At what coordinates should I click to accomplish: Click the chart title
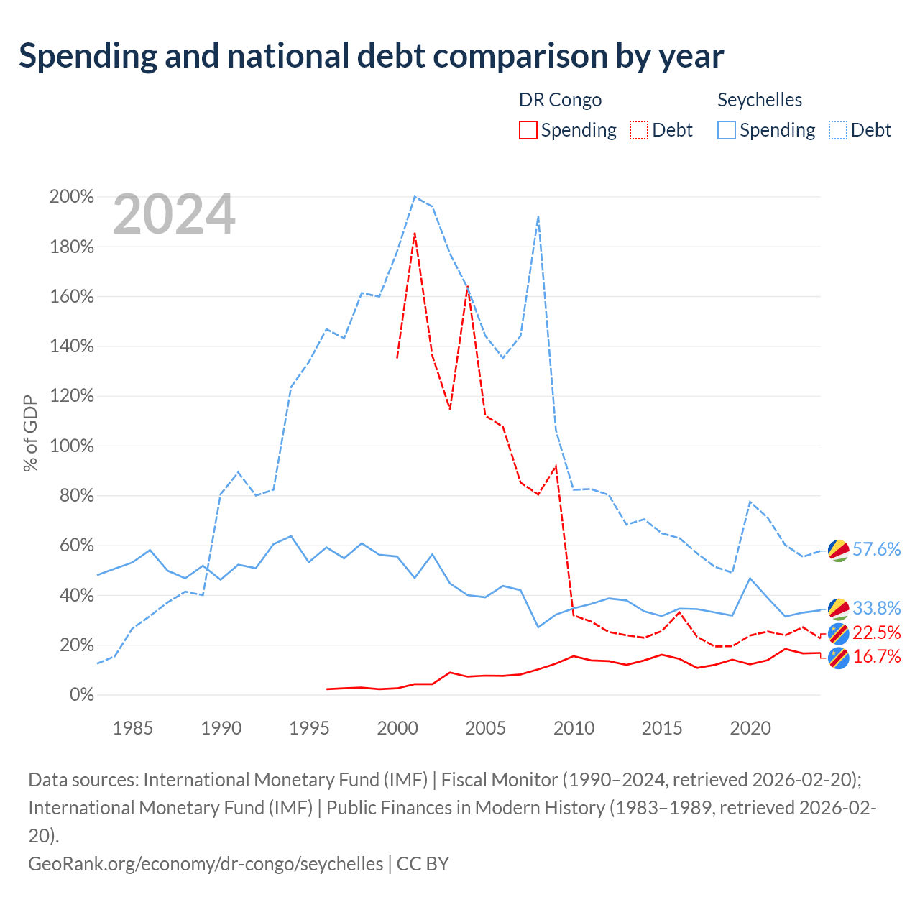click(371, 56)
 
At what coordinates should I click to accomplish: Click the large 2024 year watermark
click(174, 214)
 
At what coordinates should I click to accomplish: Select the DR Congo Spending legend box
click(528, 130)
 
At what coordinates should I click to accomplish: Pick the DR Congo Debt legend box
click(639, 130)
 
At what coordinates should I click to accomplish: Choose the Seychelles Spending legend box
click(726, 130)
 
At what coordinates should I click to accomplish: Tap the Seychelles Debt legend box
click(837, 130)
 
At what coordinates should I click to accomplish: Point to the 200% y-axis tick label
click(72, 196)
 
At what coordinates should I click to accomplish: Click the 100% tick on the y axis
click(72, 446)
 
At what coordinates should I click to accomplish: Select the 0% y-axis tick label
click(82, 694)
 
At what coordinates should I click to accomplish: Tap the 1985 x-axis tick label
click(133, 728)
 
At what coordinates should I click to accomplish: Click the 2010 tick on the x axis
click(574, 728)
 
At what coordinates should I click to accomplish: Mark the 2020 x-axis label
click(750, 728)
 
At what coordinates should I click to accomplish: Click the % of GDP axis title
click(30, 433)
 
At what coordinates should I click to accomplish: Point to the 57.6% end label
click(877, 549)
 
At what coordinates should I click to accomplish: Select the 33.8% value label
click(877, 608)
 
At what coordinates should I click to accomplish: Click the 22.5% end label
click(877, 632)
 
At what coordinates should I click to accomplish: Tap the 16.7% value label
click(877, 656)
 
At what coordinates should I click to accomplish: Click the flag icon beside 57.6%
click(838, 551)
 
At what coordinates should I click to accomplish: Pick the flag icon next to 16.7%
click(838, 659)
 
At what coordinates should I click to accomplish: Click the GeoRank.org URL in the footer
click(206, 864)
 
